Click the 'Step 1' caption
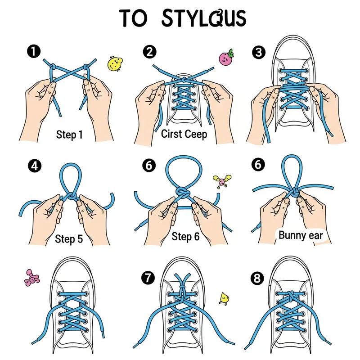(69, 135)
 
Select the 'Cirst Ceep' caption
(184, 134)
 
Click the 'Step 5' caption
(69, 239)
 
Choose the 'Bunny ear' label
(301, 235)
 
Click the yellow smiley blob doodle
(115, 63)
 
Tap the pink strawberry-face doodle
(226, 58)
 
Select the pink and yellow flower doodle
(221, 181)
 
